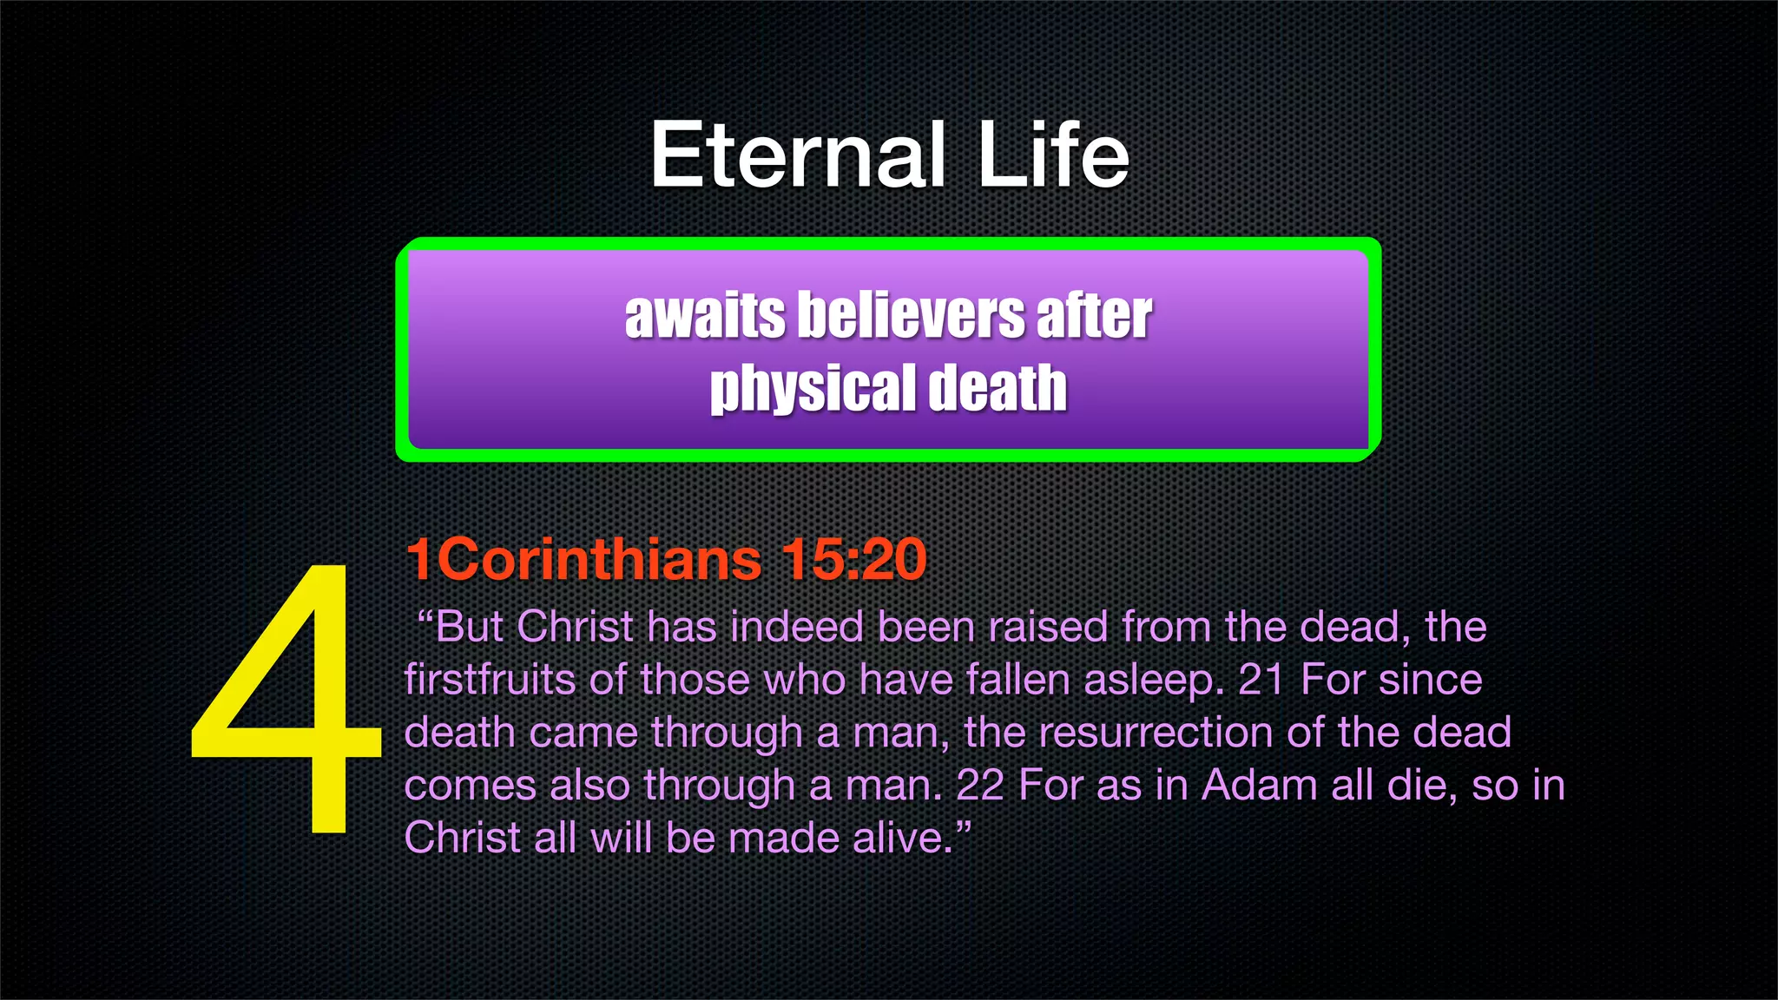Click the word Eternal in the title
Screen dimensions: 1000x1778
tap(797, 156)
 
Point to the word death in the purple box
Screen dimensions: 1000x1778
tap(997, 389)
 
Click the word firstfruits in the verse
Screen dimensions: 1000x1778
tap(489, 680)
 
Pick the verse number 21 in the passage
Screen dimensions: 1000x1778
tap(1261, 680)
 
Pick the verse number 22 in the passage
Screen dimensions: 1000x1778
tap(979, 786)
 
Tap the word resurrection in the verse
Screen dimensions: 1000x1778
tap(1156, 733)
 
